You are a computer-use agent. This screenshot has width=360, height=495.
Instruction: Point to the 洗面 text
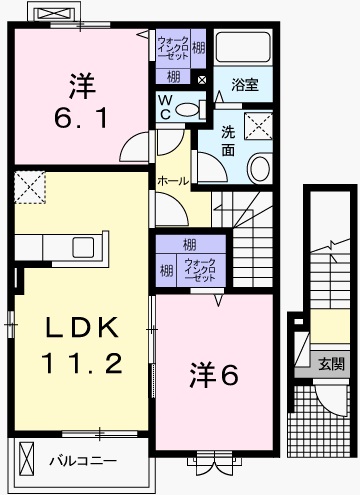228,140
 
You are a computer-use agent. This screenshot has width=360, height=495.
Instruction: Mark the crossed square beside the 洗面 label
262,127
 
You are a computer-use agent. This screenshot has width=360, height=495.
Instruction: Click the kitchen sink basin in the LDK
81,246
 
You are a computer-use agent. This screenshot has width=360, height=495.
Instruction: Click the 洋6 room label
214,375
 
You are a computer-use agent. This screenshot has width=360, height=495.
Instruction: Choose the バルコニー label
83,461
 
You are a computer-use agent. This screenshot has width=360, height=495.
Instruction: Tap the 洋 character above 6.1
83,84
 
